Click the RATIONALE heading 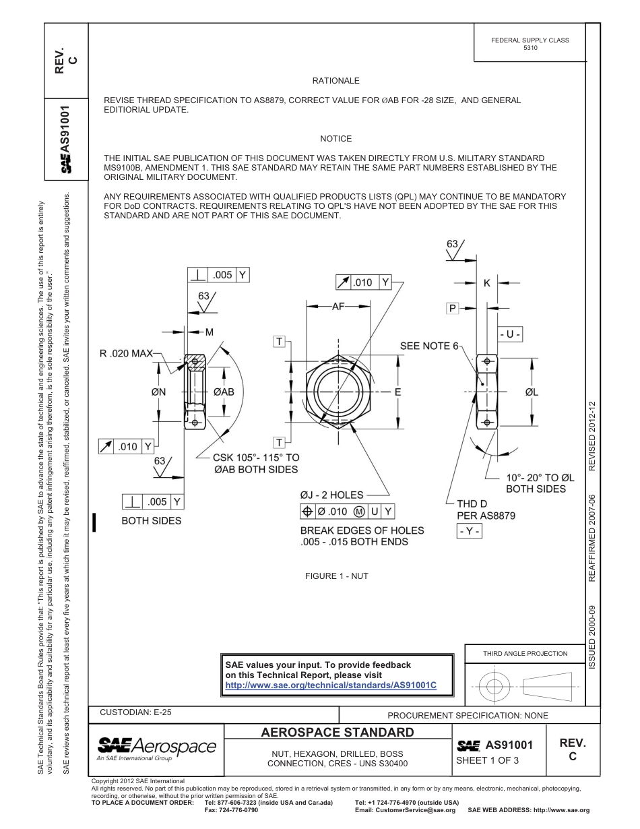click(x=335, y=81)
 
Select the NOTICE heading click(x=335, y=139)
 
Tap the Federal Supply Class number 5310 click(x=530, y=48)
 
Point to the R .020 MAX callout click(x=126, y=353)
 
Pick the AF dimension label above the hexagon click(x=338, y=306)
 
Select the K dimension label click(x=487, y=284)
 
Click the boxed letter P click(x=453, y=308)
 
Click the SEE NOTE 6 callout click(x=429, y=346)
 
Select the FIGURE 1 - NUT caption click(x=336, y=576)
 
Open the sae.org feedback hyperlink click(x=331, y=685)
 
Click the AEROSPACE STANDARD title click(x=337, y=733)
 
